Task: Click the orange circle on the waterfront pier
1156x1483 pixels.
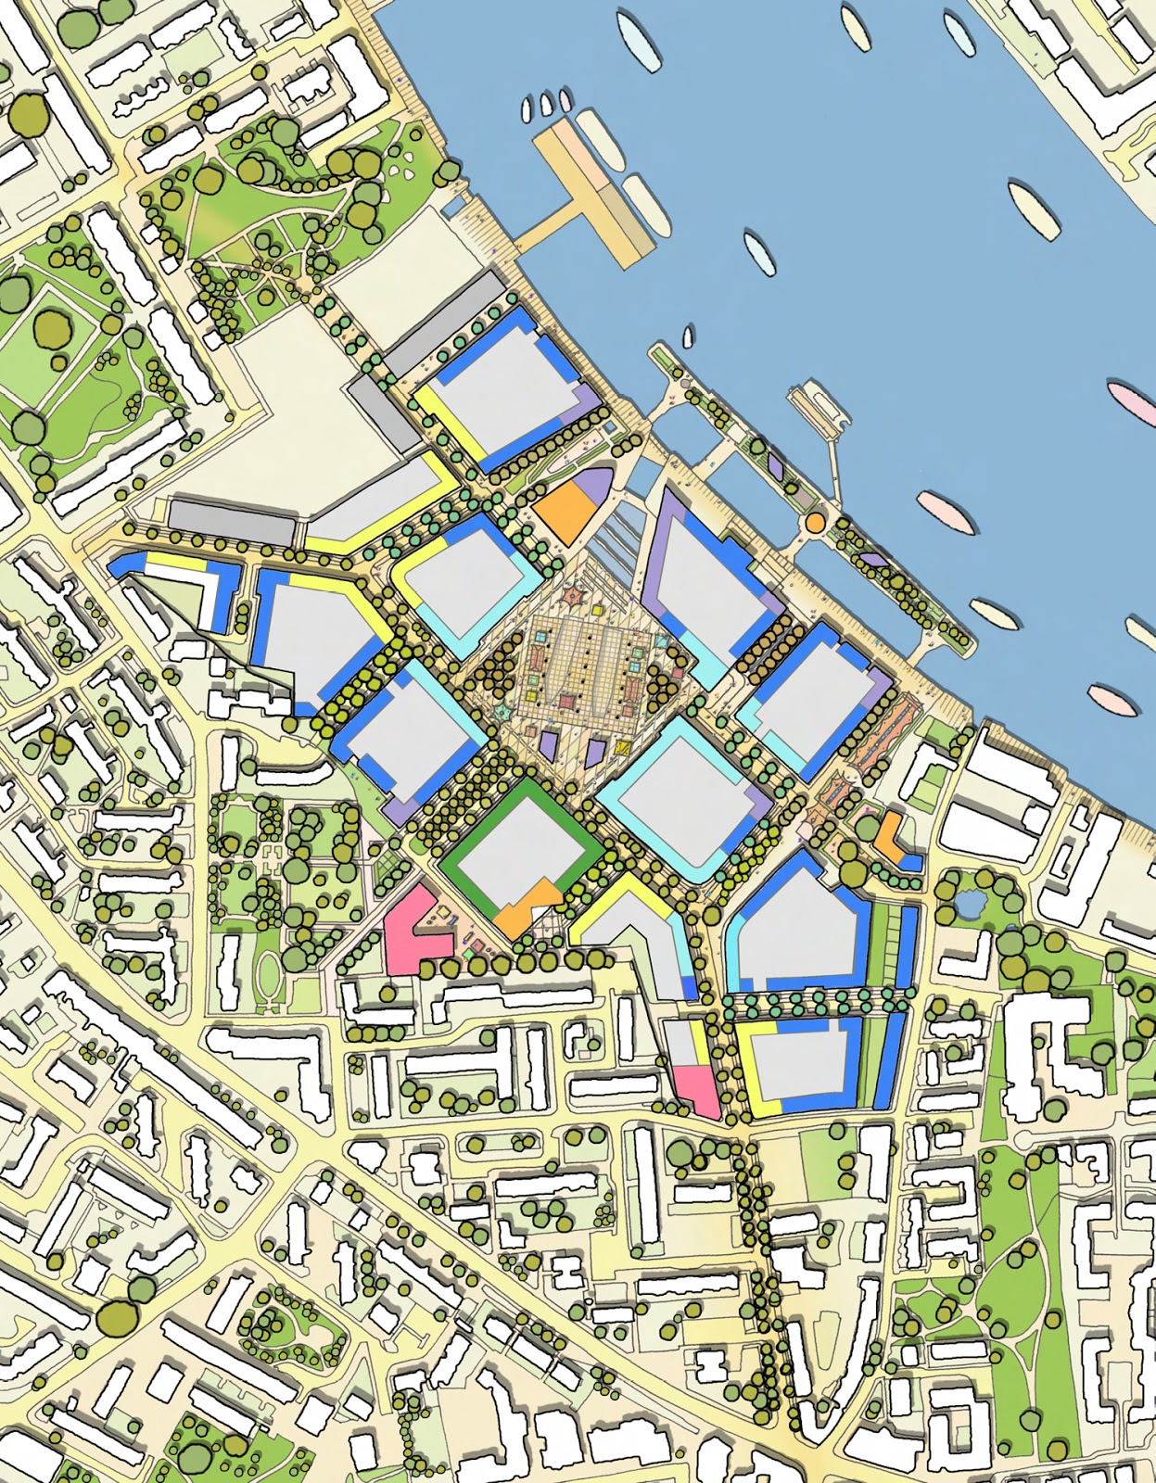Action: point(814,523)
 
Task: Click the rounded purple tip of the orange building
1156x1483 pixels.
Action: point(594,486)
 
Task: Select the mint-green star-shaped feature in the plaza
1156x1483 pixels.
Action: point(502,710)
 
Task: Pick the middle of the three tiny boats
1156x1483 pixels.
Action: point(544,105)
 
